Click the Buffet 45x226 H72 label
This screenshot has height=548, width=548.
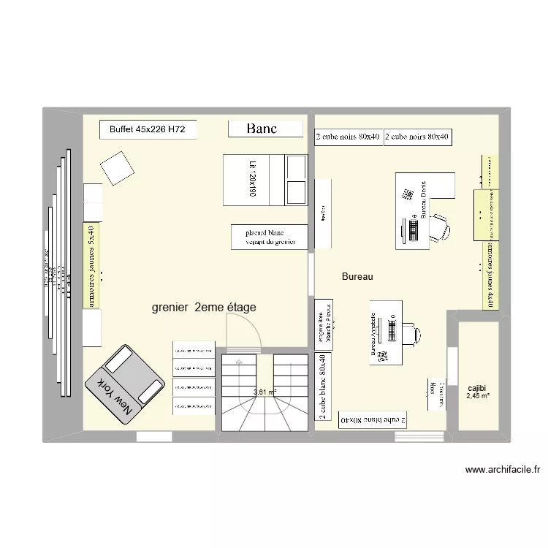(147, 130)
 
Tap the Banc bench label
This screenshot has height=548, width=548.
(262, 129)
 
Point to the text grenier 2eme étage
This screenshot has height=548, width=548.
(204, 308)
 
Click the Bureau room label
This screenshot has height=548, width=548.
(357, 277)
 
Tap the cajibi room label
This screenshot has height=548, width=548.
(477, 388)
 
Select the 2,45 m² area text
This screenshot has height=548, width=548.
(477, 397)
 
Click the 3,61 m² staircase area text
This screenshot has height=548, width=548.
(265, 392)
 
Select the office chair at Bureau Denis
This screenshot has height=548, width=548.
(438, 228)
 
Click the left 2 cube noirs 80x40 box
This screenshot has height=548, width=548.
(348, 137)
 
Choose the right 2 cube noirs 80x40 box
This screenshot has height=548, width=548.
(417, 137)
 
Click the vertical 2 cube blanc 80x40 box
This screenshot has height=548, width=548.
(321, 387)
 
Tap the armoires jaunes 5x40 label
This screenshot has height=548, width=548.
(91, 265)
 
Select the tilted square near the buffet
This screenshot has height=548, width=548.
(116, 168)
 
